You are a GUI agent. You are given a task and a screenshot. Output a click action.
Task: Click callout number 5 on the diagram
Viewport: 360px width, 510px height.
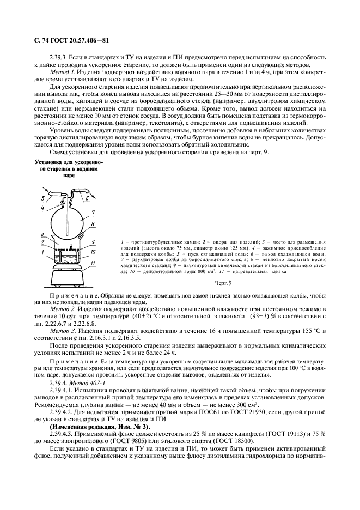click(42, 198)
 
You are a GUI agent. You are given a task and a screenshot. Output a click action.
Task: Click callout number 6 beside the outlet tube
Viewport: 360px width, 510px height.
click(87, 199)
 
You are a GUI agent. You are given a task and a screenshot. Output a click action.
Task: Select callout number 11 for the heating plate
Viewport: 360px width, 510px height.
click(94, 264)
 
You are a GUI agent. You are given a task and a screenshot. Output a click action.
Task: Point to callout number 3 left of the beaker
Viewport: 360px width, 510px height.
click(42, 234)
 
